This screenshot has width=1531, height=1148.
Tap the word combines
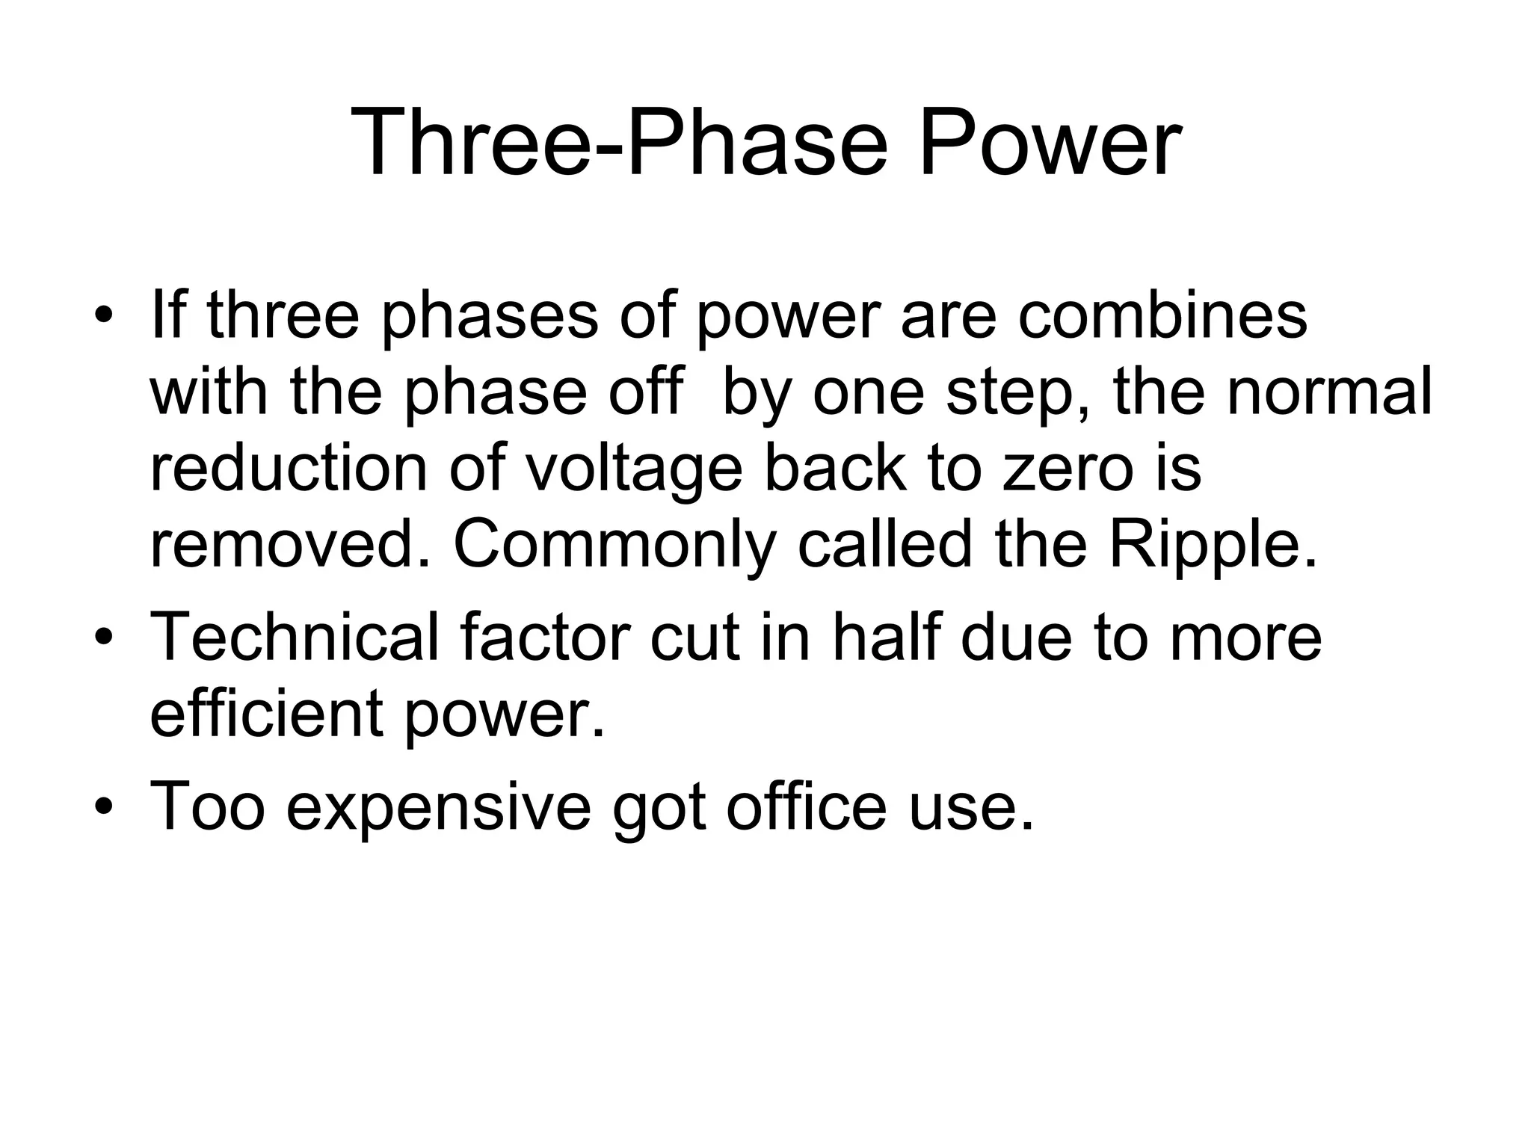coord(1162,315)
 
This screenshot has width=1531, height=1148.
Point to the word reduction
coord(289,469)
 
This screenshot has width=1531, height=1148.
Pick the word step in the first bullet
coord(1023,392)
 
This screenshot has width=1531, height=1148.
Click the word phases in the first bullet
coord(490,315)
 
